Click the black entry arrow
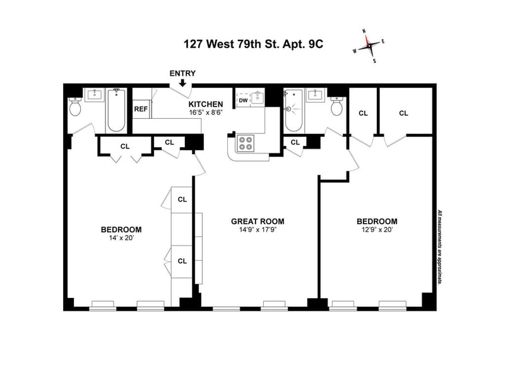[x=182, y=83]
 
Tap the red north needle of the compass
[x=367, y=40]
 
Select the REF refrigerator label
[x=141, y=109]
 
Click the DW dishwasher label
[x=244, y=100]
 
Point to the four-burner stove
[x=246, y=143]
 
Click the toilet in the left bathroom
[x=75, y=107]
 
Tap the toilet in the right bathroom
[x=336, y=107]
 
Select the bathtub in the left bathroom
[x=116, y=110]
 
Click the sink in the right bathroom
[x=315, y=95]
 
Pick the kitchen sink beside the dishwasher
[x=258, y=98]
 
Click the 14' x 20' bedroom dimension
[x=121, y=238]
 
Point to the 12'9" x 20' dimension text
[x=377, y=230]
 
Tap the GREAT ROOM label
[x=258, y=221]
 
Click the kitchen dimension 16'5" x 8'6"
[x=206, y=112]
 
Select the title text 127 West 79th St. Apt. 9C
[x=253, y=44]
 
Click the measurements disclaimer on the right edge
[x=439, y=247]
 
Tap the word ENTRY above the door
[x=182, y=73]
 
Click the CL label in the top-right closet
[x=403, y=113]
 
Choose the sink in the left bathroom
[x=94, y=95]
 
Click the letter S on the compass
[x=374, y=61]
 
